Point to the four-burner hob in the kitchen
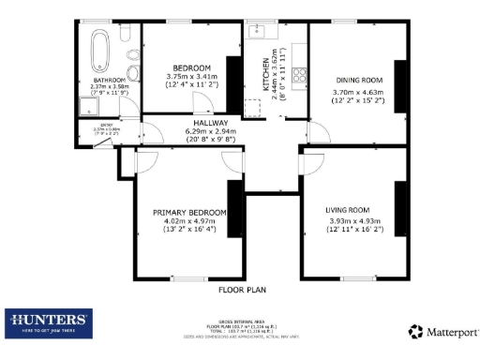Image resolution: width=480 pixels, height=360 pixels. [300, 74]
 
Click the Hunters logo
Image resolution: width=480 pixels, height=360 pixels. [48, 322]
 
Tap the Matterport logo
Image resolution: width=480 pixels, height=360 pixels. [440, 331]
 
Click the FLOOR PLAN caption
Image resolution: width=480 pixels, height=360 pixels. [239, 291]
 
